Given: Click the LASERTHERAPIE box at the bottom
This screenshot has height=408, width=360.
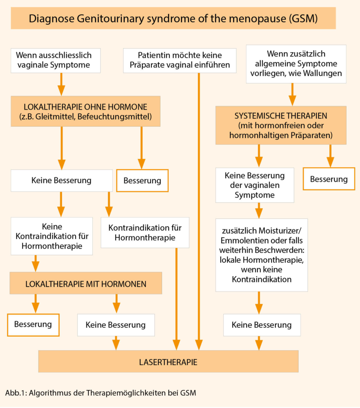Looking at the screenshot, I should coord(168,362).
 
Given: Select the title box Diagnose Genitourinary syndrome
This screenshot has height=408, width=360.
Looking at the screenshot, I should coord(173,18).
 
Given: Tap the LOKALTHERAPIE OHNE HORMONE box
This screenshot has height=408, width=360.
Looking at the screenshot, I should coord(85,111).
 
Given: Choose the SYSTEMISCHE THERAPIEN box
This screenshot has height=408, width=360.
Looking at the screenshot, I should coord(281,125).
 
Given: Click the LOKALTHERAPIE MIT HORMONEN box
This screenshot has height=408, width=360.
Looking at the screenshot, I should coord(86,283).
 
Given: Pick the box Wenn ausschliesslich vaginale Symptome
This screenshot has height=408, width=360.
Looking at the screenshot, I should coord(55,60).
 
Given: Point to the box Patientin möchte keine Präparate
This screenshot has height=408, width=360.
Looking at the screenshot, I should coord(179,60).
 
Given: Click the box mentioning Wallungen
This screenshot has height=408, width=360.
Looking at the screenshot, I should coord(296,64).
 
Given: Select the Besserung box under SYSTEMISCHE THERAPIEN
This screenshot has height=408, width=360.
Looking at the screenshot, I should coord(329,178).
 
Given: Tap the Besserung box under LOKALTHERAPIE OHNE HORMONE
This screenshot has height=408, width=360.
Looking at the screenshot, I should coord(142,180).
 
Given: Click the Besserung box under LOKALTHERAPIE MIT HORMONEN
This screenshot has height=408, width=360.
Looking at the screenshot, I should coord(33,324).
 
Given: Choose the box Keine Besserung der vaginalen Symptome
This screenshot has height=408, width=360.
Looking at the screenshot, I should coord(254,185).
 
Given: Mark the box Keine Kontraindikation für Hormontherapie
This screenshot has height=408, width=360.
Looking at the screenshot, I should coord(52,236).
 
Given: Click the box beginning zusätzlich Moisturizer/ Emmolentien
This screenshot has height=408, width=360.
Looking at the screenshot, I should coord(261,255).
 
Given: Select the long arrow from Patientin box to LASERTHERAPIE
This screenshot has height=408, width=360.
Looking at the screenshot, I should coord(199,207).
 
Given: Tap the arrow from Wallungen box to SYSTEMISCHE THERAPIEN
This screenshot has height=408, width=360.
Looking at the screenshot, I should coord(292,94).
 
